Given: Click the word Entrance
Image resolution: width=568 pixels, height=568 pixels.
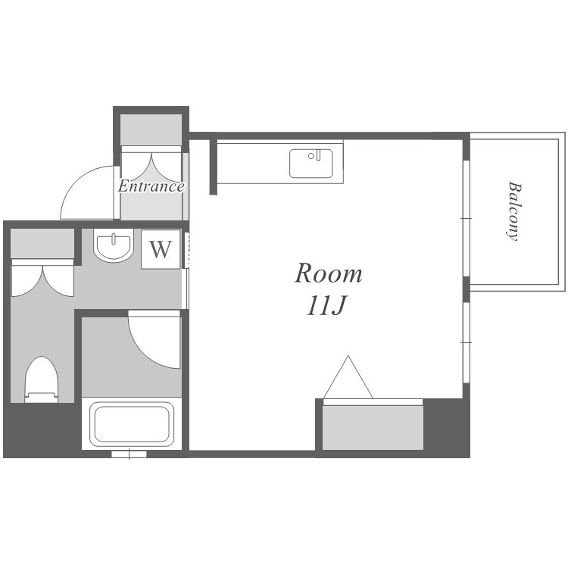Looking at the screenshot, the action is [x=151, y=186].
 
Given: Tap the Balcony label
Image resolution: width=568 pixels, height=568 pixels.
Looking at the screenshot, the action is [x=514, y=211].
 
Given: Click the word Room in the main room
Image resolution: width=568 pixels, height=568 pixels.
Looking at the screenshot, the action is [x=328, y=273].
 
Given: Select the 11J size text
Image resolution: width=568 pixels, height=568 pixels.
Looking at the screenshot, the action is [x=326, y=306].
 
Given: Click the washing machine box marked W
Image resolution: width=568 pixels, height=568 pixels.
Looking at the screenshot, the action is [x=161, y=249].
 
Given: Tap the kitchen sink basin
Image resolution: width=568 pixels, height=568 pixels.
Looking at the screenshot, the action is [x=311, y=164].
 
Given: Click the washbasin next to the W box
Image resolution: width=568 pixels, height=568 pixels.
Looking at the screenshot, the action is [x=114, y=245].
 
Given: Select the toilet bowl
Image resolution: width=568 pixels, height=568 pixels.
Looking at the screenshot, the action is [x=42, y=379].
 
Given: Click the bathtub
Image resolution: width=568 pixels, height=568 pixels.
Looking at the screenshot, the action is [x=132, y=424].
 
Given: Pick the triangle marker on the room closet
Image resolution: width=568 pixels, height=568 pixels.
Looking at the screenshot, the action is [x=348, y=377].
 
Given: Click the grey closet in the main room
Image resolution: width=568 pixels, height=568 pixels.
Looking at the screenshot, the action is [x=373, y=427].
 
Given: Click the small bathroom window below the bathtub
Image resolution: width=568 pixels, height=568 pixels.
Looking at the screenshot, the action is [x=129, y=454].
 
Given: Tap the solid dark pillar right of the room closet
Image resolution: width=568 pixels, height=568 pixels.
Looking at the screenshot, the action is [x=446, y=427].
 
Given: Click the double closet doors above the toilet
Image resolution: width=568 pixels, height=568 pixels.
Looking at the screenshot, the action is [x=42, y=278].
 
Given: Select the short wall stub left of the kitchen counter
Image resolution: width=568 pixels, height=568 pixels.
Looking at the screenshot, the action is [x=214, y=167].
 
